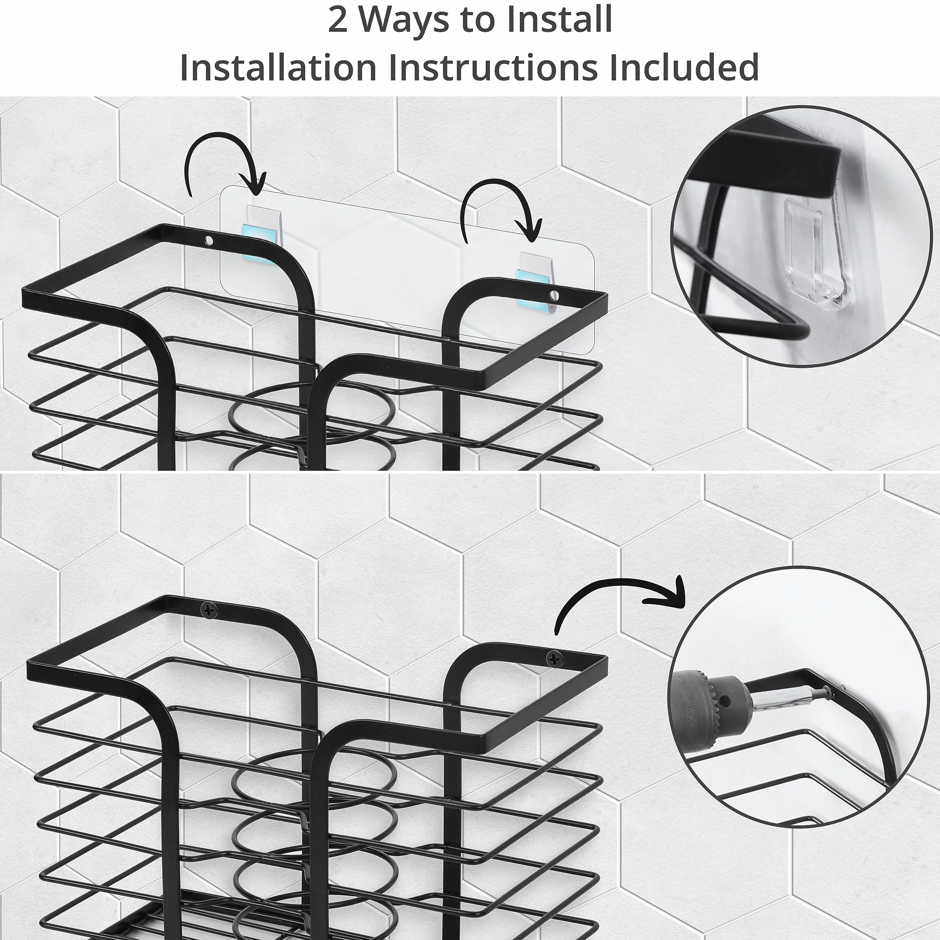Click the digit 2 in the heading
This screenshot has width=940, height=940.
338,21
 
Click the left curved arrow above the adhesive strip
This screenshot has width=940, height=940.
224,163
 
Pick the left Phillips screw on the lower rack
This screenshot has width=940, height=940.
210,609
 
